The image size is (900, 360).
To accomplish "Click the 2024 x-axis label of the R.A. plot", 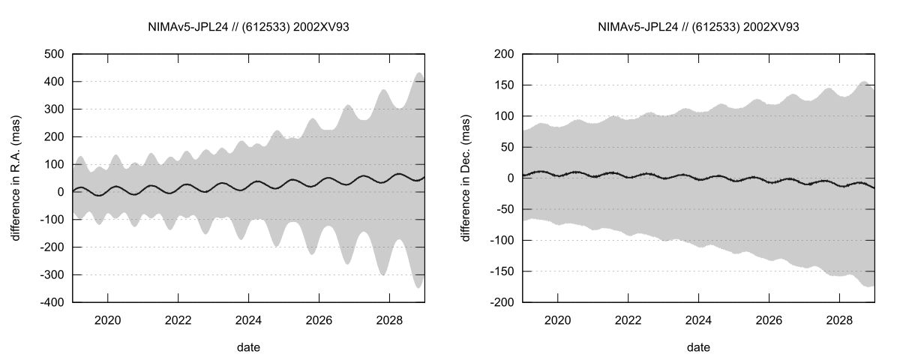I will (x=249, y=319).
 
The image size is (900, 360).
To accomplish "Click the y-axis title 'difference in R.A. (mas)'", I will (x=16, y=178).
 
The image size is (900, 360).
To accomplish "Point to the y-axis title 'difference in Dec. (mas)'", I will (x=466, y=178).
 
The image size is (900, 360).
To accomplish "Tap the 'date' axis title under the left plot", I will (x=249, y=347).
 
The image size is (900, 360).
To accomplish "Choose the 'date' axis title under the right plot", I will (x=698, y=347).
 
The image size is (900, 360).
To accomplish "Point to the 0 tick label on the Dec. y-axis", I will (x=510, y=178).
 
